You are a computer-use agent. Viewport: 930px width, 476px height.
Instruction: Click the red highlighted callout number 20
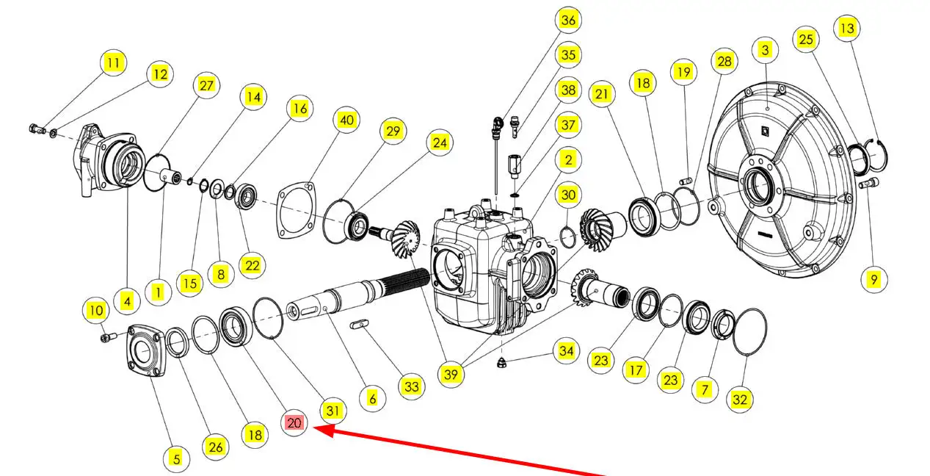294,423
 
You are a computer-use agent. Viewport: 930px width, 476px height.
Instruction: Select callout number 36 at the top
568,20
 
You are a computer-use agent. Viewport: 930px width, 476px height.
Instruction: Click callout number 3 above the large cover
766,50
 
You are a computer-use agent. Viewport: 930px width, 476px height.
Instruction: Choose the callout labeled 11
112,62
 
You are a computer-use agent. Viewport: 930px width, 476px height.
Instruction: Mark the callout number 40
346,120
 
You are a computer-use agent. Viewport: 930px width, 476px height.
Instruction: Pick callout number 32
740,400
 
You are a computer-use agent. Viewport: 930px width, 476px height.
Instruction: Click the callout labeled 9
873,279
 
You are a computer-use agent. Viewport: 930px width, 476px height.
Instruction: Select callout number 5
175,459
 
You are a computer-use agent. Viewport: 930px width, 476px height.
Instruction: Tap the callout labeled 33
411,386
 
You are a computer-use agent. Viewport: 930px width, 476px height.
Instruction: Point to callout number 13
847,29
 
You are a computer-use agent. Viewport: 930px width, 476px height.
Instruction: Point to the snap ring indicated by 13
877,152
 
